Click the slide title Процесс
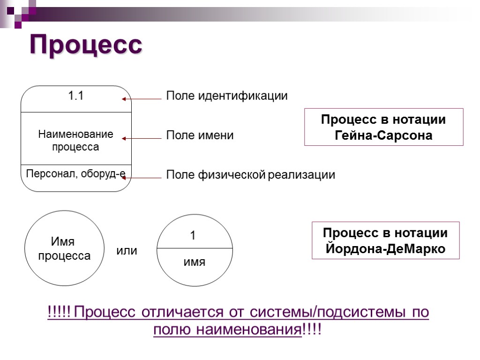[86, 45]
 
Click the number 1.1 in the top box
[76, 96]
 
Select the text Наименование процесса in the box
[75, 141]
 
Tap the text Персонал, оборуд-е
[75, 174]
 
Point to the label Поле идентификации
[227, 96]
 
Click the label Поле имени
[200, 136]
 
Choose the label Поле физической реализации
[251, 175]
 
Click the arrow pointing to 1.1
[141, 99]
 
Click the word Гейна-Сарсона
[383, 136]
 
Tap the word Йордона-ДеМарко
[385, 249]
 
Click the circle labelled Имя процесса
[64, 248]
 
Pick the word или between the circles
[127, 251]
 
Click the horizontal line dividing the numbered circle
[195, 248]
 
